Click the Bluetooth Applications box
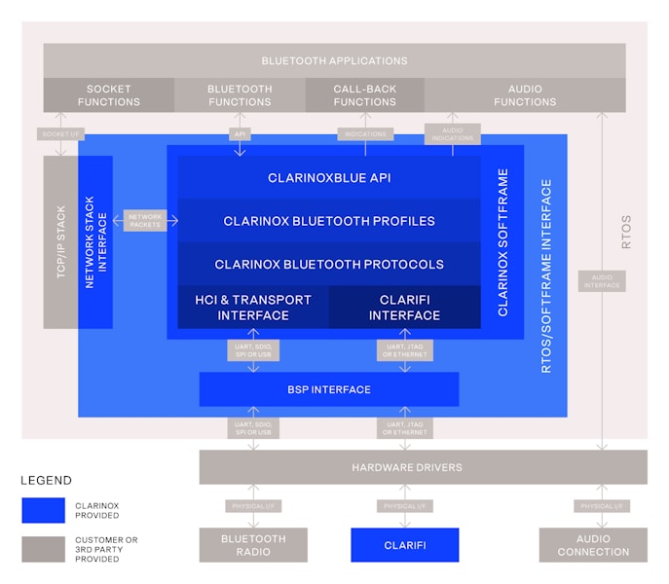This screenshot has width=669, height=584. [334, 60]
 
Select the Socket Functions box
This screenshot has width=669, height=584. [108, 95]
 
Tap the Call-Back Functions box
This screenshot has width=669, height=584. [364, 95]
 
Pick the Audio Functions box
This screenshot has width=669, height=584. [524, 95]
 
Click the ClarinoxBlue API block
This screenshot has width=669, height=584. [328, 178]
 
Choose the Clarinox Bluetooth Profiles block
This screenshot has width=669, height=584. [328, 221]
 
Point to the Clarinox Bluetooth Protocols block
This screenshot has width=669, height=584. [328, 264]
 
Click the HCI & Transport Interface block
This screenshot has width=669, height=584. [252, 308]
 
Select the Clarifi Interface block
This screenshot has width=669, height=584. [404, 308]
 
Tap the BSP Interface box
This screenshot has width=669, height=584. [328, 389]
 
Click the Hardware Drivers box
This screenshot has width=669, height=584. [422, 467]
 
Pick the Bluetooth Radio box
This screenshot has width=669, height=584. [253, 545]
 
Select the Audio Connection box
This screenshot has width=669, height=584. [593, 545]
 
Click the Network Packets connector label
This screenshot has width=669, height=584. [145, 221]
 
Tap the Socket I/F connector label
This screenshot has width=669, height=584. [60, 133]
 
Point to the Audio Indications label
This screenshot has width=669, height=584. [453, 134]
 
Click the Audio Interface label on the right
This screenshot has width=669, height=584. [602, 281]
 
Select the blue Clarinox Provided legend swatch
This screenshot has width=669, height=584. [44, 511]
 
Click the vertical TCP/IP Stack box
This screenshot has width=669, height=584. [60, 241]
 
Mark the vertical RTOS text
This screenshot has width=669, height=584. [626, 232]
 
